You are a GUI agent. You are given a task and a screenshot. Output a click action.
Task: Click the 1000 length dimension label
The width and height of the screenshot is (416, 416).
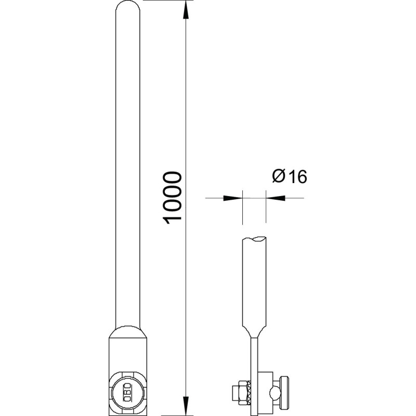point(173,198)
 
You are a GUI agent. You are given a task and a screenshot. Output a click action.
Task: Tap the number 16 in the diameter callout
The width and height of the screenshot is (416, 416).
point(297,177)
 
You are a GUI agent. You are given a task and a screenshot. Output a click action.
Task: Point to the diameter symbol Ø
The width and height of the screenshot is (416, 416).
point(279,176)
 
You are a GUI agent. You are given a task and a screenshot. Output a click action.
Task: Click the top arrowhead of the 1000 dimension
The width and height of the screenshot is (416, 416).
point(186,9)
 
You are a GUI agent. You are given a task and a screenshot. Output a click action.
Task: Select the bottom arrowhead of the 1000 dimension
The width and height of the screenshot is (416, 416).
point(186,406)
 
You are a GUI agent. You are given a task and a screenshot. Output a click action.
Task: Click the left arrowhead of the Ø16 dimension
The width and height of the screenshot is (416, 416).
point(233,198)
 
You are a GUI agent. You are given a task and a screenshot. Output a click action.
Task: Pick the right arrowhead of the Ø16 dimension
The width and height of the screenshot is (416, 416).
point(276,198)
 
